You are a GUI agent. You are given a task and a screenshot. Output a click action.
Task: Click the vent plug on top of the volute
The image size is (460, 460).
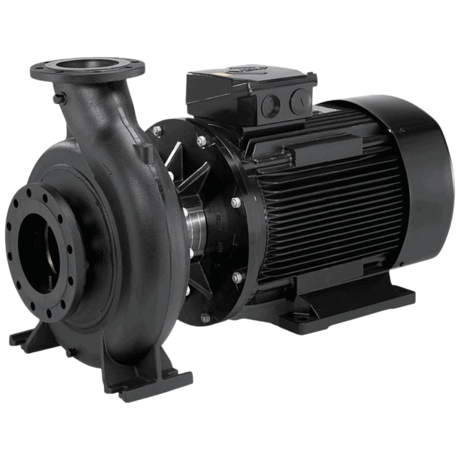[144, 150]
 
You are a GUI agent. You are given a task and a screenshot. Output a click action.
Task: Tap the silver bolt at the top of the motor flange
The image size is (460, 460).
[201, 141]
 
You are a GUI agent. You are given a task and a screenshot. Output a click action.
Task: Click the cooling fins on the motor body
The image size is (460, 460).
[331, 207]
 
